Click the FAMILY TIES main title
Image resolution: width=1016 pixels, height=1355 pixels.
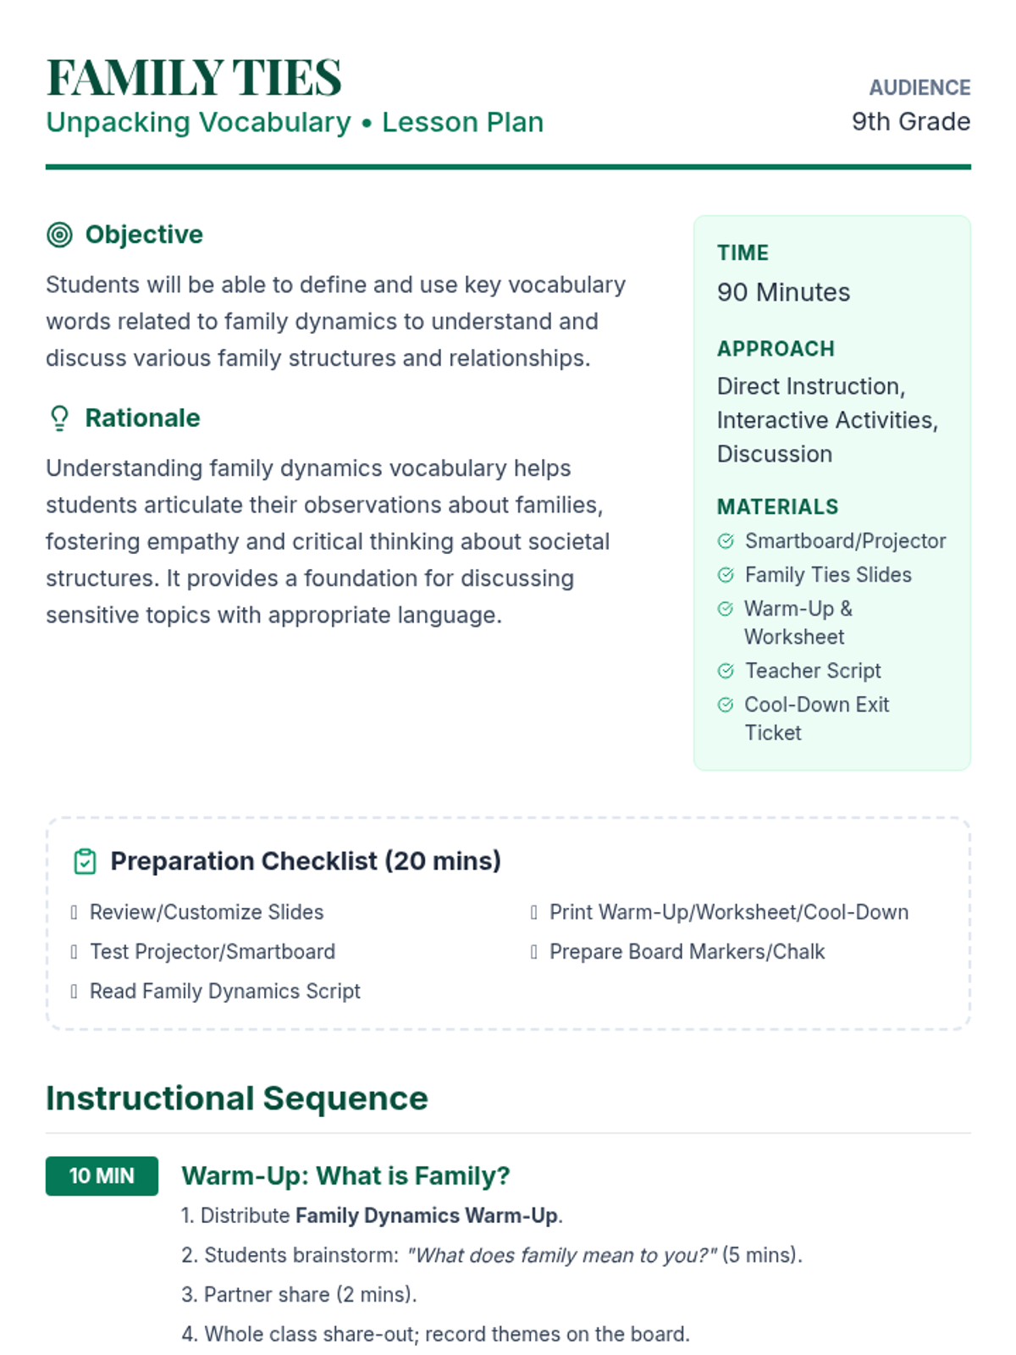pos(194,78)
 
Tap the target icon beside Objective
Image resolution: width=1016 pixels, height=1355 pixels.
pos(59,235)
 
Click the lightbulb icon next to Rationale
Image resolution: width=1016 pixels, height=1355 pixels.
pos(59,418)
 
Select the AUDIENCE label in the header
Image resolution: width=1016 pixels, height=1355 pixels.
pos(919,88)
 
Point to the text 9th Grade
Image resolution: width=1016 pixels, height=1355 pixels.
pos(911,122)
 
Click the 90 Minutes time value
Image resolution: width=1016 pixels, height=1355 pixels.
pos(783,292)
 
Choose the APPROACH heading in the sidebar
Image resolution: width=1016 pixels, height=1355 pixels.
pos(776,349)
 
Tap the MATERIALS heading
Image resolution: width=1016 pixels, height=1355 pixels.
pos(777,507)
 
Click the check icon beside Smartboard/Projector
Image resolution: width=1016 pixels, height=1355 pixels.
pos(726,541)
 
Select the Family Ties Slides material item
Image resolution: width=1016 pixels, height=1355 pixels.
pos(827,575)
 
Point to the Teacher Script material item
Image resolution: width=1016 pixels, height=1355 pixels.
pos(812,671)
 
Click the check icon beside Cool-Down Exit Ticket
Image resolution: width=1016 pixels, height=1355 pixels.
pos(726,705)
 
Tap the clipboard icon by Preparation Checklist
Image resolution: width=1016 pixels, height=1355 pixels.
pos(85,861)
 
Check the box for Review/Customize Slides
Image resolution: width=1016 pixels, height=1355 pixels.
pos(75,912)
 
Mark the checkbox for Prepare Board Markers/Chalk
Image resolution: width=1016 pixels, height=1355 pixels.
pos(534,952)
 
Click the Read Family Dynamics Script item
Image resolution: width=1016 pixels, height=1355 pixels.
pos(224,991)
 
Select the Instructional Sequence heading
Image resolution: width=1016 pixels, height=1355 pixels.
pos(237,1098)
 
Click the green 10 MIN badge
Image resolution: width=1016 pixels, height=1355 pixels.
pos(102,1176)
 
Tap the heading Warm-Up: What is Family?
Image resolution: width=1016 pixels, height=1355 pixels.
pos(345,1176)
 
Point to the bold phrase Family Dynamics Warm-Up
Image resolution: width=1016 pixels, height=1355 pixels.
pos(426,1216)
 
